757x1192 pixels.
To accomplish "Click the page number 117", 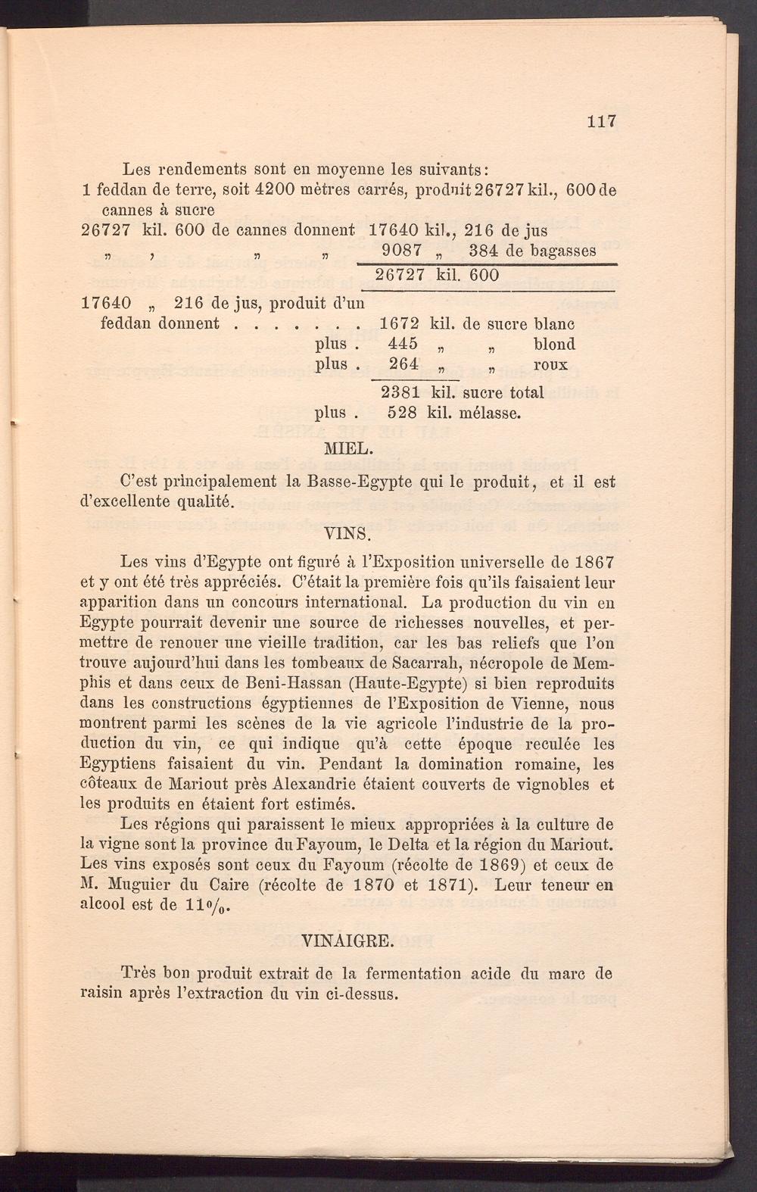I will pyautogui.click(x=602, y=121).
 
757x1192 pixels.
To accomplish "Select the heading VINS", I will pyautogui.click(x=346, y=532).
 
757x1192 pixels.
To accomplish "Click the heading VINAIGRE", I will pyautogui.click(x=347, y=942).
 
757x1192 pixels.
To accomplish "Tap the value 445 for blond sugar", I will pyautogui.click(x=402, y=345).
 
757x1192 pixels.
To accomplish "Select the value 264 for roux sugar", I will pyautogui.click(x=403, y=364).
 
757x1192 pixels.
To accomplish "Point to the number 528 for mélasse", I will pyautogui.click(x=402, y=413).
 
